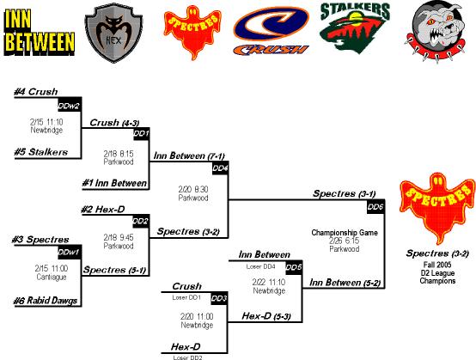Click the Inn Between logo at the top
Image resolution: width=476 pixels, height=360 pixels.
click(40, 33)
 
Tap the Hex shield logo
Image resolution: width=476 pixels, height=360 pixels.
click(113, 33)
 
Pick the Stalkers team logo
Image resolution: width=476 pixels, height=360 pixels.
click(355, 28)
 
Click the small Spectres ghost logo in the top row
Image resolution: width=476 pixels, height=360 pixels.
click(192, 32)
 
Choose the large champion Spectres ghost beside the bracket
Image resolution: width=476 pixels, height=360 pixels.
click(437, 209)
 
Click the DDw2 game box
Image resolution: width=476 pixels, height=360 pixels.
click(70, 105)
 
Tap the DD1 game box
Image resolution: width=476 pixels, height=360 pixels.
click(142, 134)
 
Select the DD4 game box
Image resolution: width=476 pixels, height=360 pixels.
click(220, 168)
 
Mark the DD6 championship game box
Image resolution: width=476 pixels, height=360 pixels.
click(375, 207)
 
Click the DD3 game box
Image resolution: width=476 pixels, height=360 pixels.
click(219, 298)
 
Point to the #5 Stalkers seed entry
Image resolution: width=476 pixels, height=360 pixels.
click(41, 152)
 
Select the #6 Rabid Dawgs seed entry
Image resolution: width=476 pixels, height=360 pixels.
click(46, 301)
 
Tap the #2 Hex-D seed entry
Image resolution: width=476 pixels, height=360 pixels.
click(103, 210)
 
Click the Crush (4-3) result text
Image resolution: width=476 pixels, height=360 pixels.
click(114, 123)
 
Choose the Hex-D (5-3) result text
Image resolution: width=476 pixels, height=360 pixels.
click(266, 316)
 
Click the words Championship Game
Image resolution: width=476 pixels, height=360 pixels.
click(345, 233)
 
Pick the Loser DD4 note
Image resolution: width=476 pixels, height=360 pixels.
click(260, 266)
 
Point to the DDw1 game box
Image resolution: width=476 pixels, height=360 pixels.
click(70, 253)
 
